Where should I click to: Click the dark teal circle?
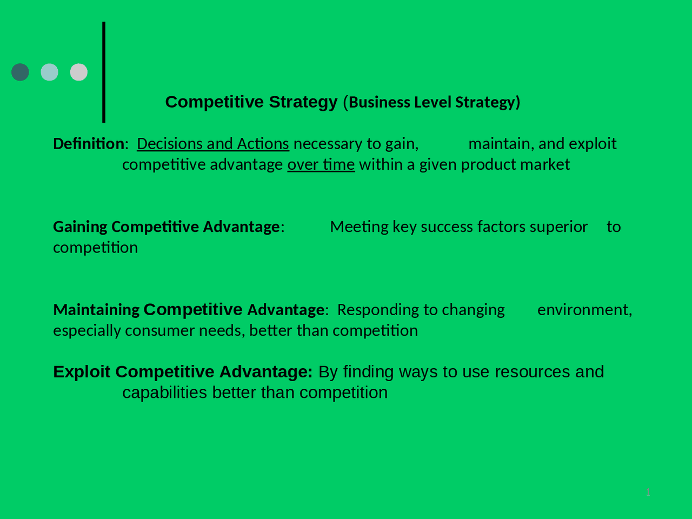click(x=20, y=72)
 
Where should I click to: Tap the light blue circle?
click(x=49, y=72)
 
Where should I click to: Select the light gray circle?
click(x=79, y=72)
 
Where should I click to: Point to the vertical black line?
click(x=104, y=72)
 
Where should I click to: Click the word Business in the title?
click(x=380, y=102)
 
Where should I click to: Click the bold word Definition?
click(x=89, y=144)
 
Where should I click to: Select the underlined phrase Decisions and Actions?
click(x=213, y=144)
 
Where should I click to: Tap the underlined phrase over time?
click(x=321, y=164)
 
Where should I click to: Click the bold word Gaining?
click(x=80, y=227)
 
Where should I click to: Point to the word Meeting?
click(x=359, y=227)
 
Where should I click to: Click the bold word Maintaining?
click(x=96, y=310)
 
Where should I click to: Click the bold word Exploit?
click(x=82, y=372)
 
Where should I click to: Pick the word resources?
click(x=533, y=372)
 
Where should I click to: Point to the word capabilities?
click(x=165, y=392)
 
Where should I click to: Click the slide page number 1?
click(x=648, y=493)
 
